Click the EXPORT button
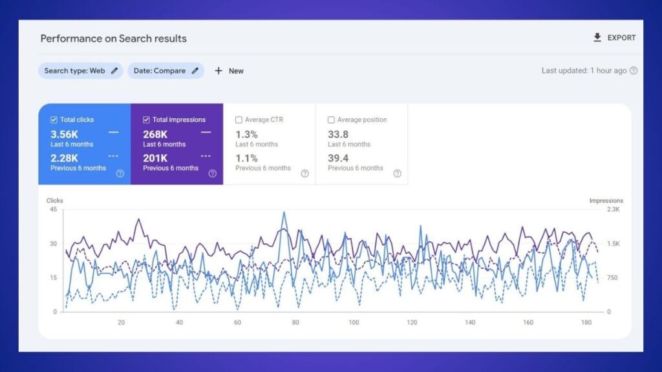tap(614, 38)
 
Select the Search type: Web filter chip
tap(80, 71)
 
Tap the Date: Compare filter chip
tap(165, 71)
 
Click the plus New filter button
tap(229, 71)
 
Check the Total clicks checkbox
tap(54, 120)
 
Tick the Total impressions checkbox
tap(146, 120)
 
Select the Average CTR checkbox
tap(239, 120)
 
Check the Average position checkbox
tap(331, 120)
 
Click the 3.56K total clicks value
tap(64, 134)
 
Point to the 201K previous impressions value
tap(155, 158)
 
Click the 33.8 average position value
tap(338, 134)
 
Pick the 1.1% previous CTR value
tap(246, 158)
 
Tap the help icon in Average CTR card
tap(304, 173)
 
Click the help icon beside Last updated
tap(634, 71)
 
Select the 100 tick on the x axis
tap(354, 322)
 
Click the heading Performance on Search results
tap(113, 39)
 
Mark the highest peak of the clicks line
tap(283, 212)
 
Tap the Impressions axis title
tap(606, 201)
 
